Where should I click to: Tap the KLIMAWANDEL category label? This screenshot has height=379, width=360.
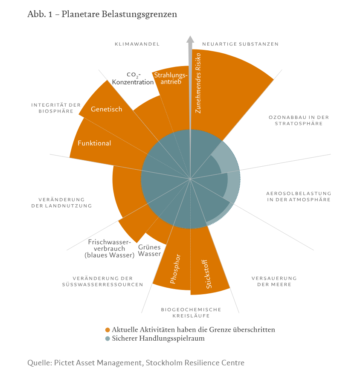point(137,44)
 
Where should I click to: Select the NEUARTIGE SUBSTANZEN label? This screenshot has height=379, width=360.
point(240,44)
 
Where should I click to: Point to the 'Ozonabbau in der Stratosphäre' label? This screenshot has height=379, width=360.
point(299,120)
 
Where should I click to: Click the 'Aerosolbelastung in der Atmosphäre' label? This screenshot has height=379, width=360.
point(299,196)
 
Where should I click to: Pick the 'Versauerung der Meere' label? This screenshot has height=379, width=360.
point(274,281)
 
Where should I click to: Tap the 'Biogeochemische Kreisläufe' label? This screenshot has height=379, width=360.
point(191,312)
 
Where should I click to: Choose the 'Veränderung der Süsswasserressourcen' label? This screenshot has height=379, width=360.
point(102,281)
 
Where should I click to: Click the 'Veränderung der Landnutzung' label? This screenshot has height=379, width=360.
point(62,203)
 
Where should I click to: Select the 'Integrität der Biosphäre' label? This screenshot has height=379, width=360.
point(56,108)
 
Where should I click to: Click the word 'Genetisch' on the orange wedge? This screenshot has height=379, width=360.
point(107,109)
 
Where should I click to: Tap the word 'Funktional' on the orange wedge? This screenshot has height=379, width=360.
point(94,143)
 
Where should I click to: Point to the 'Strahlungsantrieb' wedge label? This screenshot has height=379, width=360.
point(171,78)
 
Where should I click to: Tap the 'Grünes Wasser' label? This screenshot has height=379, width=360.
point(149,250)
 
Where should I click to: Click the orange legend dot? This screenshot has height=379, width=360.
point(108,330)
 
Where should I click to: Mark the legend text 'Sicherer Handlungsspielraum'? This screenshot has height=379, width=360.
point(158,338)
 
